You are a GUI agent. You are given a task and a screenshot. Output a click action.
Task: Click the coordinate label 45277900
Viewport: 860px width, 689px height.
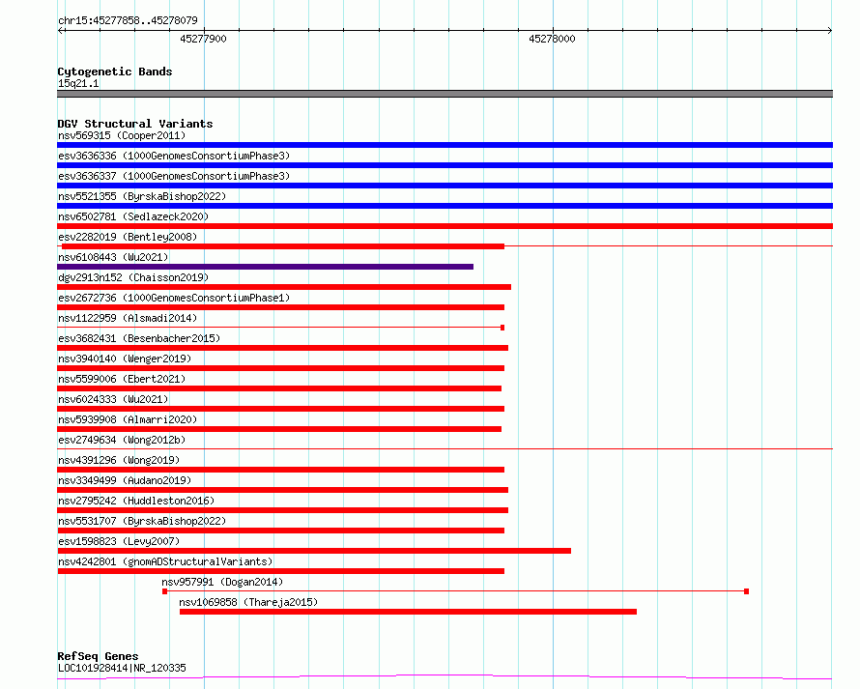pyautogui.click(x=203, y=39)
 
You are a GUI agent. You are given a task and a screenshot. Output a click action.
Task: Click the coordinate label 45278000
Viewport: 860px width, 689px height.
pyautogui.click(x=552, y=39)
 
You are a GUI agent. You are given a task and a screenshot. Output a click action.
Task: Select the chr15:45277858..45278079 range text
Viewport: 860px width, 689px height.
pyautogui.click(x=128, y=20)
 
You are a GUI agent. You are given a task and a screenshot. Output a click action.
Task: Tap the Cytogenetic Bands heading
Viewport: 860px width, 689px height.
pyautogui.click(x=115, y=72)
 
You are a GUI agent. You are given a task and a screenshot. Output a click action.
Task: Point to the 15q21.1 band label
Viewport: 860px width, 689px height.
pyautogui.click(x=78, y=83)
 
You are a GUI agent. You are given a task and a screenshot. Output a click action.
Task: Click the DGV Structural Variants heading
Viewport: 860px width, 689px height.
pyautogui.click(x=135, y=124)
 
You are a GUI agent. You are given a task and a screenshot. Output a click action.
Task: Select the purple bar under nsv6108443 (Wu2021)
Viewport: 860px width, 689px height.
pyautogui.click(x=266, y=267)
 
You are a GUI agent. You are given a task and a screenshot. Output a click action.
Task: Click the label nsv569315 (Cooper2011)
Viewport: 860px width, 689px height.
pyautogui.click(x=122, y=135)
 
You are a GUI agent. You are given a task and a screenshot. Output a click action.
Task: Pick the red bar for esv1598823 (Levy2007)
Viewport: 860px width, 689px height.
pyautogui.click(x=314, y=551)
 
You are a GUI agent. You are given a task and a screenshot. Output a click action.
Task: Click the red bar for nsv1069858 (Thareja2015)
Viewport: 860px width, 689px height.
pyautogui.click(x=408, y=612)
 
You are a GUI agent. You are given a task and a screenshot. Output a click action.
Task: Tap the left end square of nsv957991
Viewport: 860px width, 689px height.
pyautogui.click(x=164, y=591)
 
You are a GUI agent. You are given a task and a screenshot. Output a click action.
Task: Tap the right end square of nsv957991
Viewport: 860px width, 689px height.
pyautogui.click(x=747, y=591)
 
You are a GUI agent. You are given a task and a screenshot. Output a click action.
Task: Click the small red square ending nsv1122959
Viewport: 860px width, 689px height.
pyautogui.click(x=502, y=328)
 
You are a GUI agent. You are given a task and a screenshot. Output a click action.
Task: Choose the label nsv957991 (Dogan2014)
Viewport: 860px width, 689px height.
pyautogui.click(x=222, y=582)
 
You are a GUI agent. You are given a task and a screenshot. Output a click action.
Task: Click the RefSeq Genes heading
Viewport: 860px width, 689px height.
pyautogui.click(x=98, y=656)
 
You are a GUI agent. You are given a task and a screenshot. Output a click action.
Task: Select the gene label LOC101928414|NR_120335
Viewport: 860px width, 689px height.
pyautogui.click(x=122, y=668)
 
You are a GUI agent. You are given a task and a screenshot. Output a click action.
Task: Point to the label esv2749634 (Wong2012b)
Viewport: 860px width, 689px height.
pyautogui.click(x=122, y=440)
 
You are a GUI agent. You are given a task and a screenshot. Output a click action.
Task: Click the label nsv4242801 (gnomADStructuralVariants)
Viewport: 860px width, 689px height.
pyautogui.click(x=165, y=561)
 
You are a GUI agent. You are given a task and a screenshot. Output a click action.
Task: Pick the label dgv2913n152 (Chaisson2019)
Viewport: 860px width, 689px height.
pyautogui.click(x=133, y=277)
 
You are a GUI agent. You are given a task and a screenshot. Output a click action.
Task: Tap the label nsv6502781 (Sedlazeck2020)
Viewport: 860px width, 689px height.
pyautogui.click(x=133, y=216)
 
